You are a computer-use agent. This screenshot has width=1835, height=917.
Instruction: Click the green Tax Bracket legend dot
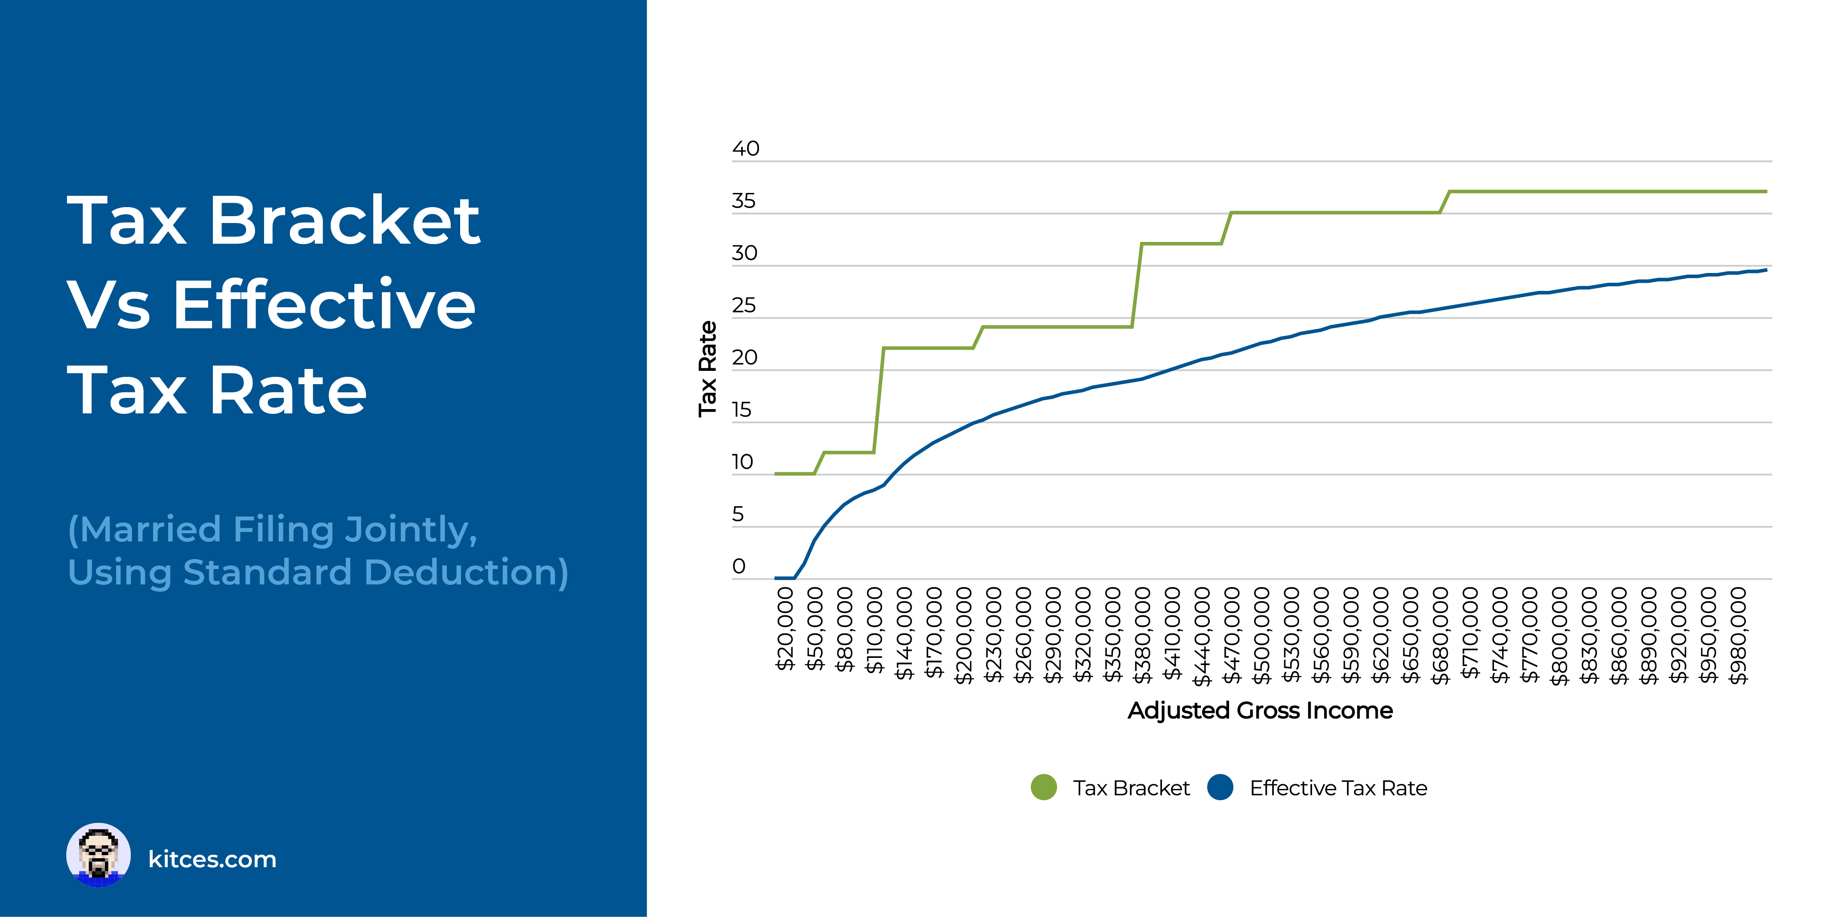(x=1044, y=787)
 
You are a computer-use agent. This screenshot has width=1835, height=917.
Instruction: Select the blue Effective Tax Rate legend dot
(x=1220, y=787)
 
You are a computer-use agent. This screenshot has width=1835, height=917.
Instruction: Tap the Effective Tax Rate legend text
(x=1338, y=788)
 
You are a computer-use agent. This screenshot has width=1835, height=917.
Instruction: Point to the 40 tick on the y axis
(x=746, y=149)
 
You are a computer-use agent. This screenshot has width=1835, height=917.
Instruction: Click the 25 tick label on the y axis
(x=744, y=306)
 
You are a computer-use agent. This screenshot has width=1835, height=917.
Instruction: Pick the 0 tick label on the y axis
(x=739, y=567)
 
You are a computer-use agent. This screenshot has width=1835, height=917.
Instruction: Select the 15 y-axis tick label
(x=741, y=410)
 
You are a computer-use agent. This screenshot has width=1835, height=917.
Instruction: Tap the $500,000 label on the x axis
(x=1262, y=635)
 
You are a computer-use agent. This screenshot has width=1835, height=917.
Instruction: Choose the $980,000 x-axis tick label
(x=1738, y=635)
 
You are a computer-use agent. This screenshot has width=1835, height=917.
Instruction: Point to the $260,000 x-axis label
(x=1023, y=635)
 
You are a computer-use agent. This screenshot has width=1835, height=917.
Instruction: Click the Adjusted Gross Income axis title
(x=1260, y=711)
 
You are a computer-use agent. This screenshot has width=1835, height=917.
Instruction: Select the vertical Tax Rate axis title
(x=707, y=369)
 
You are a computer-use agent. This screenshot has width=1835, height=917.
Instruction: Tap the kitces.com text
(x=212, y=859)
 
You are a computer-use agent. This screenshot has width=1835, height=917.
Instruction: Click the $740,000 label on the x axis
(x=1500, y=635)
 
